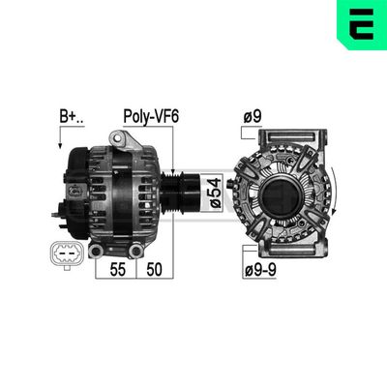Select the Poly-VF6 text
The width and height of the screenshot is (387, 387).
coord(151,116)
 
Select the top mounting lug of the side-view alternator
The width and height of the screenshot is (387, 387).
coord(121,142)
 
